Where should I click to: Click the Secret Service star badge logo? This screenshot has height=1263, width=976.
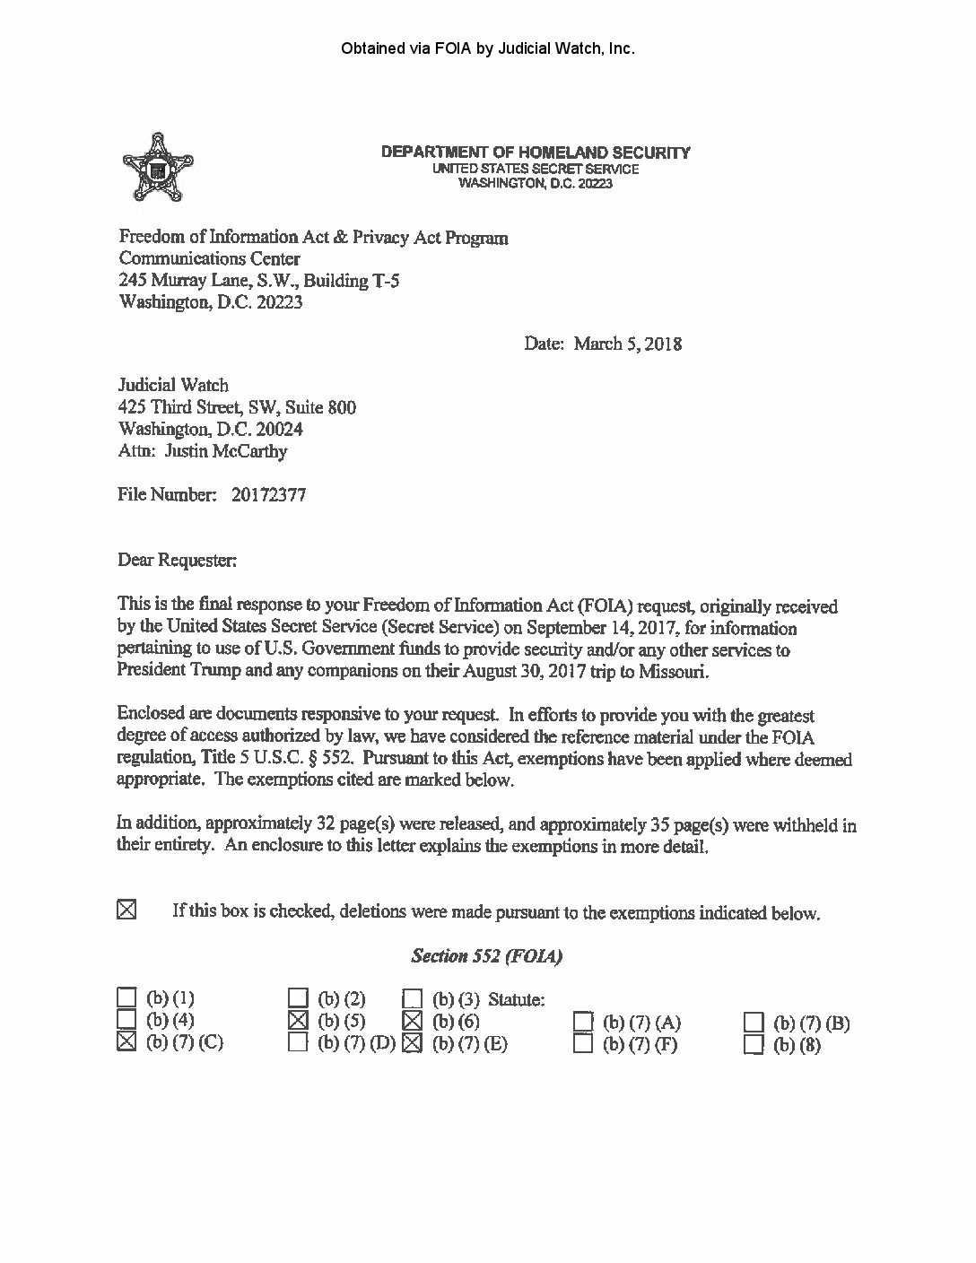158,168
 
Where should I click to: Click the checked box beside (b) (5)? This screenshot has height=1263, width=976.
299,1020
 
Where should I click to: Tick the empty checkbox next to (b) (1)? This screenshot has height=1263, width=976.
127,997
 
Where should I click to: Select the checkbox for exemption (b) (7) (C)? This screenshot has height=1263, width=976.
127,1041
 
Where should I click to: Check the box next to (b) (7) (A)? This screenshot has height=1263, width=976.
584,1022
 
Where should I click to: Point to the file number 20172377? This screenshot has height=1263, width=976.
268,494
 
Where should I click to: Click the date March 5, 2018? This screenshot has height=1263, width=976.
627,344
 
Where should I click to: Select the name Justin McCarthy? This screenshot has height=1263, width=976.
226,451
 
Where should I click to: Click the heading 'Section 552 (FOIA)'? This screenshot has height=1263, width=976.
486,956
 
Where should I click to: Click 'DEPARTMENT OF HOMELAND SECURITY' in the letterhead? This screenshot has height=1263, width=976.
536,152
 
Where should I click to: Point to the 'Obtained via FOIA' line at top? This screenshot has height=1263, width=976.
488,48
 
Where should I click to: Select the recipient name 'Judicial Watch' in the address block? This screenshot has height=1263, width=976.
173,386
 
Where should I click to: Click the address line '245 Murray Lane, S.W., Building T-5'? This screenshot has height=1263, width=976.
259,280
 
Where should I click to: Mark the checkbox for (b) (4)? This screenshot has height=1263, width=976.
127,1019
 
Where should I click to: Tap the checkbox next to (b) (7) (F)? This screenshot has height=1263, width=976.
584,1044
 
